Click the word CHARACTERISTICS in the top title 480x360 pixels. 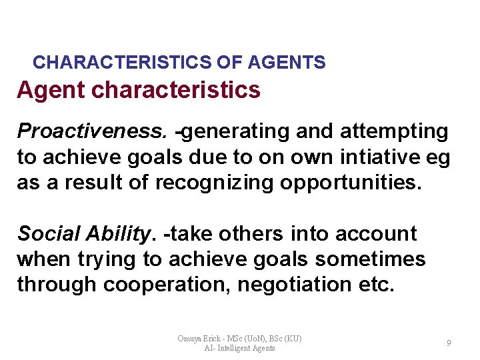coord(123,63)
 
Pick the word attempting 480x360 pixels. coord(394,132)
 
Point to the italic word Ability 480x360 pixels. coord(119,233)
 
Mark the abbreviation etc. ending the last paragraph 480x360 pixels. coord(379,284)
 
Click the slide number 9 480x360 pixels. coord(449,343)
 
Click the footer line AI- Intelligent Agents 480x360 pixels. coord(239,348)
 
